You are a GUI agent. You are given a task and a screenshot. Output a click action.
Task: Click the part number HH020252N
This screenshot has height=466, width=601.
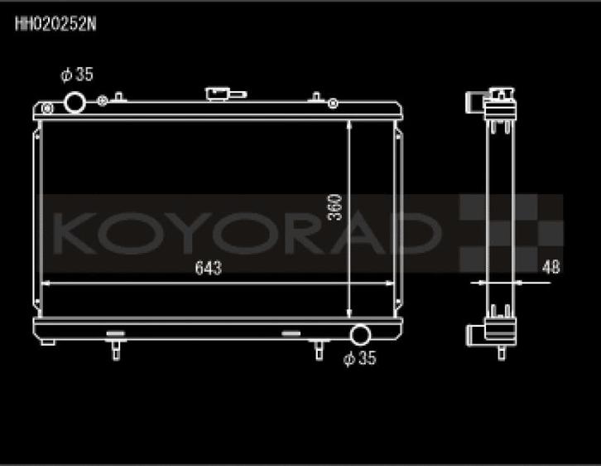(x=55, y=24)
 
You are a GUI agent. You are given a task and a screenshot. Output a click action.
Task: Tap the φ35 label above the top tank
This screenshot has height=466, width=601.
(x=77, y=75)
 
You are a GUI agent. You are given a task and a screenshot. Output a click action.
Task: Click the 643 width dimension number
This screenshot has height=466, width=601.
(x=208, y=269)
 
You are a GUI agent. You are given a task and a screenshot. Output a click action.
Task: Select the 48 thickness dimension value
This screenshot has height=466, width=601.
(x=551, y=267)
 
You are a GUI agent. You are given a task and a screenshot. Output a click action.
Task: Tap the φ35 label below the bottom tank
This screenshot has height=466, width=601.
(x=360, y=359)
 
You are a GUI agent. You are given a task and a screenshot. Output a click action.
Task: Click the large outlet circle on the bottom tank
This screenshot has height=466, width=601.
(x=361, y=335)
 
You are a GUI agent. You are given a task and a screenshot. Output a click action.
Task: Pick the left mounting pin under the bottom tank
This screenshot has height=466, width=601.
(x=115, y=350)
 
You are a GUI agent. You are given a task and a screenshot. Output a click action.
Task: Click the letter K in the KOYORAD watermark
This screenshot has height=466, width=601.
(x=79, y=233)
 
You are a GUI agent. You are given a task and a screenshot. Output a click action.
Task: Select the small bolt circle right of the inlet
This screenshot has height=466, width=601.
(x=102, y=102)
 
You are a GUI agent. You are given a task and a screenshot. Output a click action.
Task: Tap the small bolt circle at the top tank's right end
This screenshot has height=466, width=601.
(x=332, y=104)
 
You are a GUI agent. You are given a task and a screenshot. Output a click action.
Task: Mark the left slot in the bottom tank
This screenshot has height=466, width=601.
(x=116, y=333)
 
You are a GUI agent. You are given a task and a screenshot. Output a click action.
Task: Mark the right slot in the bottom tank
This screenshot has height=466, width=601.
(x=292, y=333)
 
